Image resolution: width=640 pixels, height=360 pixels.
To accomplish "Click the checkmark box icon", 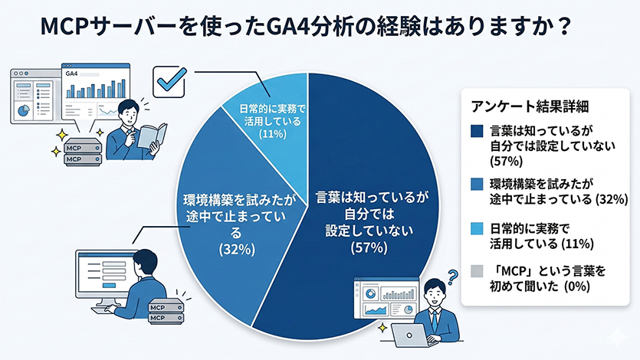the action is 169,81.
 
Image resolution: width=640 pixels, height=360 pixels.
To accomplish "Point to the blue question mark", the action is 453,277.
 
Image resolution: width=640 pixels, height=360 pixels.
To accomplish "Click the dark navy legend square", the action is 476,131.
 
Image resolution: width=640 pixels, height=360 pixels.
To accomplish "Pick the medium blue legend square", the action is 476,185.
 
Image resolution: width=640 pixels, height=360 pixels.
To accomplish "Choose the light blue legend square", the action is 476,228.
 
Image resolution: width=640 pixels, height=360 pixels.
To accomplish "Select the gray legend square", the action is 476,271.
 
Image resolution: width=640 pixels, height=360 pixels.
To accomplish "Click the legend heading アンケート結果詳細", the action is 530,106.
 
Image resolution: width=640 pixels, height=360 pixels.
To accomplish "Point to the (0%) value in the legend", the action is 576,286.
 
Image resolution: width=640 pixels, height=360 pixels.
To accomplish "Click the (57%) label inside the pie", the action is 369,247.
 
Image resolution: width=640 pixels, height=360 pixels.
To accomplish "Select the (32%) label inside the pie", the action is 237,249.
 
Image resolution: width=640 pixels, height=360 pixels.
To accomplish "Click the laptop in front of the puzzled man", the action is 410,335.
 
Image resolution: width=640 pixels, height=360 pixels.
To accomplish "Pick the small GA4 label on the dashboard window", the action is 71,74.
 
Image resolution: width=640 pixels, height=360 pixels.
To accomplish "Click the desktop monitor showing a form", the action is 108,274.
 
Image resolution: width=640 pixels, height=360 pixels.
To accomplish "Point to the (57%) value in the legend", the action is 506,162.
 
